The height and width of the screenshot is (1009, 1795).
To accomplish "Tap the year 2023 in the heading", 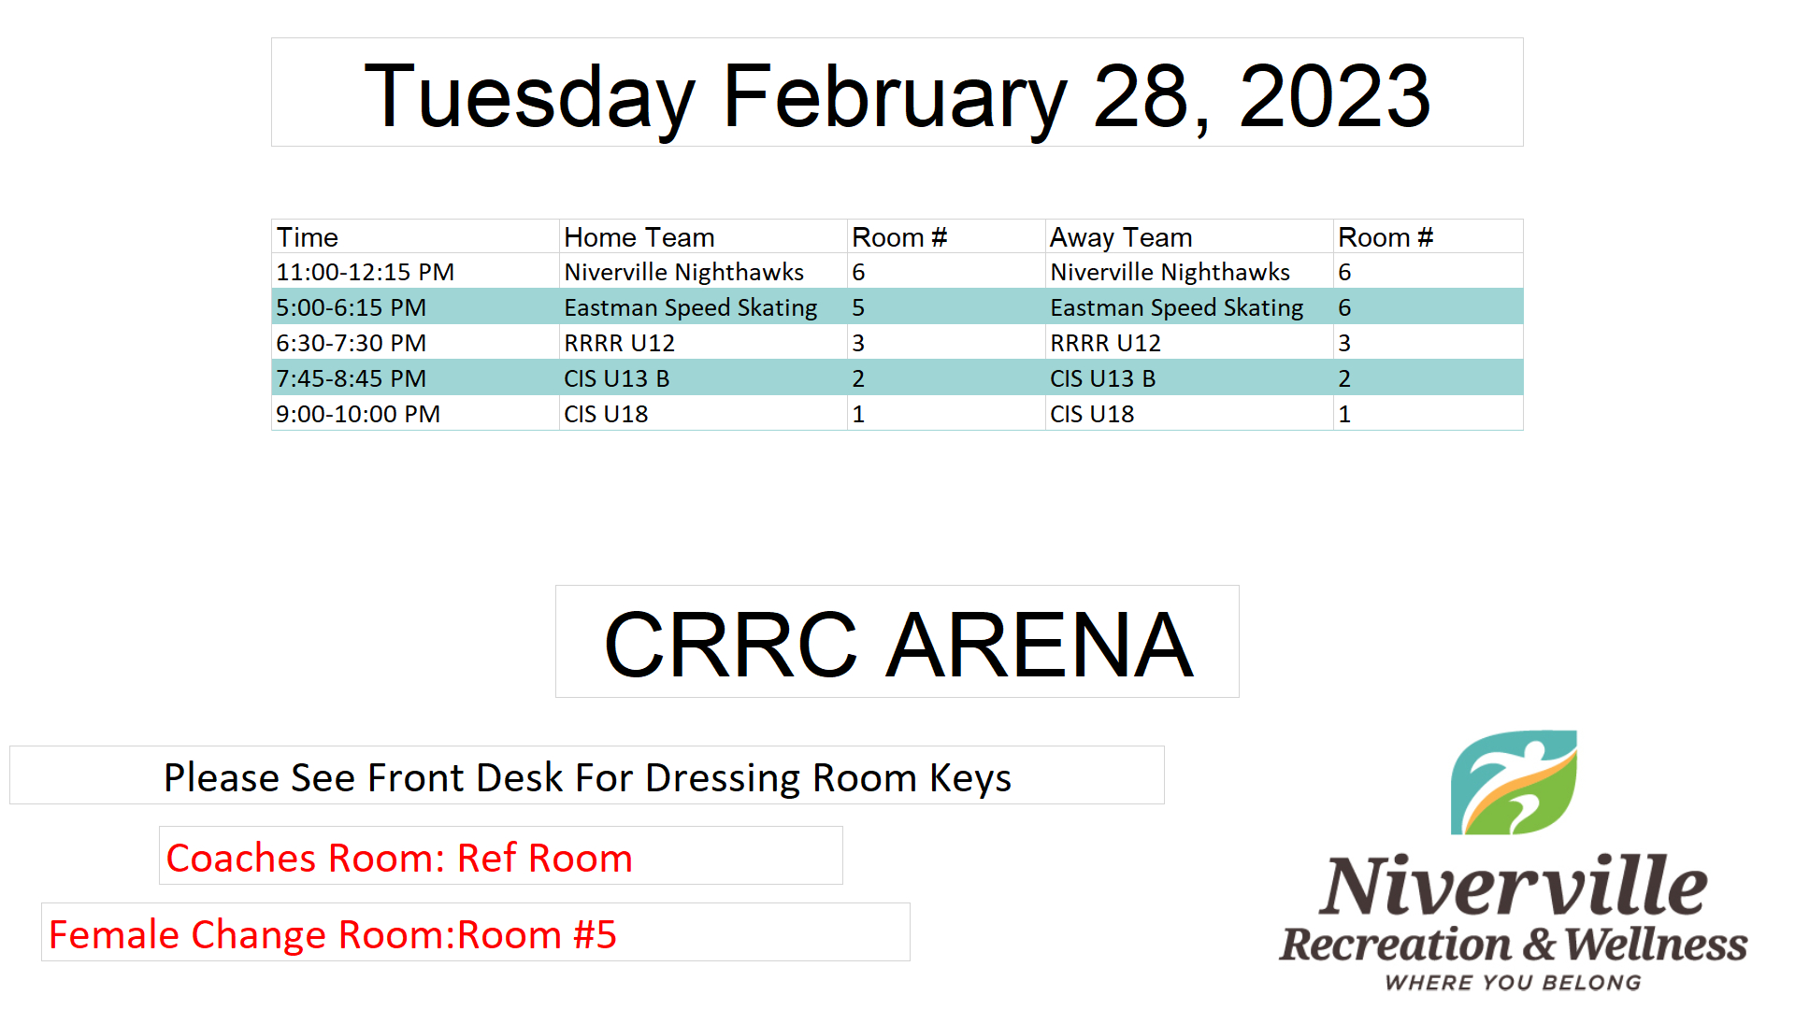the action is tap(1334, 96).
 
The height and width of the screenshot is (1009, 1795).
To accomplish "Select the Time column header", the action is tap(307, 237).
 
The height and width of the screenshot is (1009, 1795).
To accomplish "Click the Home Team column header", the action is tap(639, 237).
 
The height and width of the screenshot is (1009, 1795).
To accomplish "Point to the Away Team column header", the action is tap(1121, 238).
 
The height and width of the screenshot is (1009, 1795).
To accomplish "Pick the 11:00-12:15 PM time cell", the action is tap(365, 272).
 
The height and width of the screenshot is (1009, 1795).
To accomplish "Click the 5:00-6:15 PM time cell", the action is tap(351, 307).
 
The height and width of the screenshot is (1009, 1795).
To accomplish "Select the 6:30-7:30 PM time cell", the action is tap(351, 343).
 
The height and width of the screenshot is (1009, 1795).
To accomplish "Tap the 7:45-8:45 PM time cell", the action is tap(351, 378).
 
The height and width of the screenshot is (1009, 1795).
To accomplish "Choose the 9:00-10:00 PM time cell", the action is tap(358, 414).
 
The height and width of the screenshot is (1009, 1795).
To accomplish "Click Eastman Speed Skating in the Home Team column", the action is tap(691, 308).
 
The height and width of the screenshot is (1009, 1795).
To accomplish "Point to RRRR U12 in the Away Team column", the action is tap(1105, 343).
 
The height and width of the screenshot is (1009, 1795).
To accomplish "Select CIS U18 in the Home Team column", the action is tap(606, 414).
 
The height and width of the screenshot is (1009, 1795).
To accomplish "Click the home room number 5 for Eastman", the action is tap(858, 307).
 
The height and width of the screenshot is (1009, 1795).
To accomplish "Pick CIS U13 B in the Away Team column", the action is tap(1102, 378).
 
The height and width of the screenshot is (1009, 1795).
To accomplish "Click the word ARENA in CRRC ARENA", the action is tap(1040, 645).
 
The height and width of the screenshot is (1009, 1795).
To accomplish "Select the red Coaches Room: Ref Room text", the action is tap(399, 858).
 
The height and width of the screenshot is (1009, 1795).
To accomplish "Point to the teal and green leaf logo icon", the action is tap(1514, 783).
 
